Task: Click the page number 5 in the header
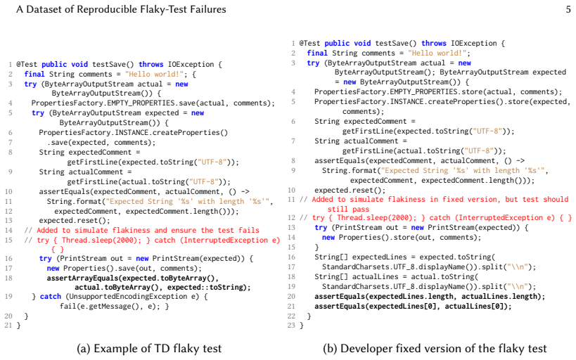pos(568,9)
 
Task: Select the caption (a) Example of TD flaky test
pos(149,348)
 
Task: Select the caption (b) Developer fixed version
pos(435,348)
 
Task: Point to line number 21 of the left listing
pos(8,325)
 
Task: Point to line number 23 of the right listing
pos(291,325)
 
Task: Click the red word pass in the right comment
pos(361,209)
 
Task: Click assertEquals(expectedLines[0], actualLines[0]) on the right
pos(413,307)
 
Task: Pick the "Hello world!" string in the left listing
pos(154,75)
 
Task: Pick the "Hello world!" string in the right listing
pos(437,53)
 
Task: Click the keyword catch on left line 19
pos(51,297)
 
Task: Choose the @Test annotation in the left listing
pos(27,64)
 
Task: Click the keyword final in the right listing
pos(317,53)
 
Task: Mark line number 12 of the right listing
pos(291,218)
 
